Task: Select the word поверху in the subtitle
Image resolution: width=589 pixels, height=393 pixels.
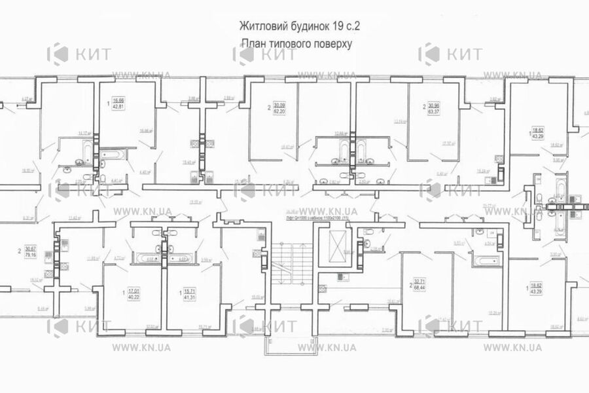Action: (334, 45)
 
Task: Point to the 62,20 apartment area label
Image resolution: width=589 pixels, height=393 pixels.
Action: (279, 112)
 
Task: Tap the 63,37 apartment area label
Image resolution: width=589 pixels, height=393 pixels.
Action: (434, 112)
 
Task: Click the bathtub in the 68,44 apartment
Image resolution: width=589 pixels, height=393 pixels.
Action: (485, 261)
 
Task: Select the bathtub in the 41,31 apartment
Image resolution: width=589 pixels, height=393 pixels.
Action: (179, 258)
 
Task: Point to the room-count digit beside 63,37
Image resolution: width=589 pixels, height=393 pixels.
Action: (423, 107)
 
